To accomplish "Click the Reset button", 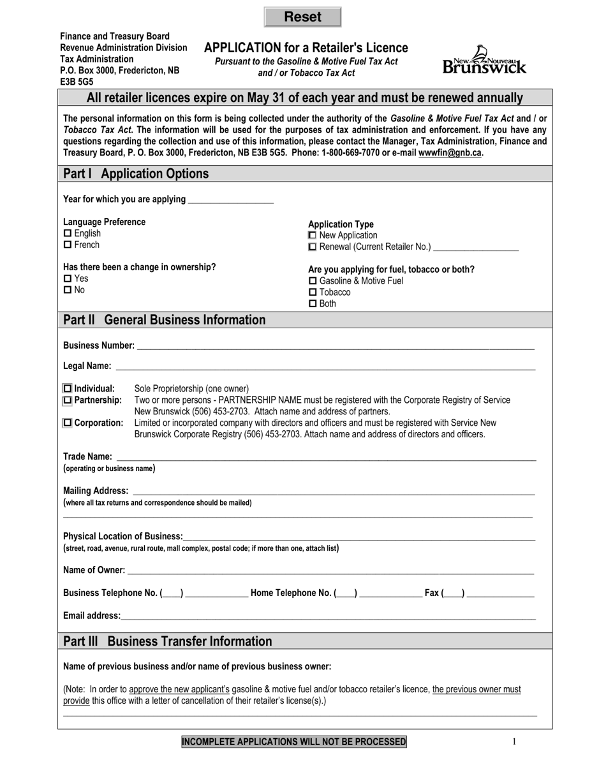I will [x=302, y=17].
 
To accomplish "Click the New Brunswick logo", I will [x=485, y=60].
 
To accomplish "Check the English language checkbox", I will [x=68, y=234].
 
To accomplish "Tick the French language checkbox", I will [x=68, y=245].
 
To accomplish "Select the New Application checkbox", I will [x=313, y=236].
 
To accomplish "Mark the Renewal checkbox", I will [x=313, y=247].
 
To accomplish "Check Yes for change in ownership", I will [x=68, y=279].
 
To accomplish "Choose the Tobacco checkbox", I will [x=313, y=293].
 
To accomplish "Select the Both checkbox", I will [x=313, y=304].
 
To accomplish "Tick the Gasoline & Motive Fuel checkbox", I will [x=313, y=281].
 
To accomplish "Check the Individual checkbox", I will [x=68, y=389].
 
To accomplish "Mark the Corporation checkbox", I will [x=68, y=423].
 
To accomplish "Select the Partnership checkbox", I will [x=68, y=400].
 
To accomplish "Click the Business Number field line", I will [x=335, y=346].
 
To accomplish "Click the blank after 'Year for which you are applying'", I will [x=231, y=200].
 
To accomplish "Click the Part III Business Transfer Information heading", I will [x=167, y=641].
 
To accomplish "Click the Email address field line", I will [x=328, y=616].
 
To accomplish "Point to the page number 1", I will [x=515, y=741].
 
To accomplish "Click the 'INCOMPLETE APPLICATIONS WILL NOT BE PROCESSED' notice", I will [x=294, y=742].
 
